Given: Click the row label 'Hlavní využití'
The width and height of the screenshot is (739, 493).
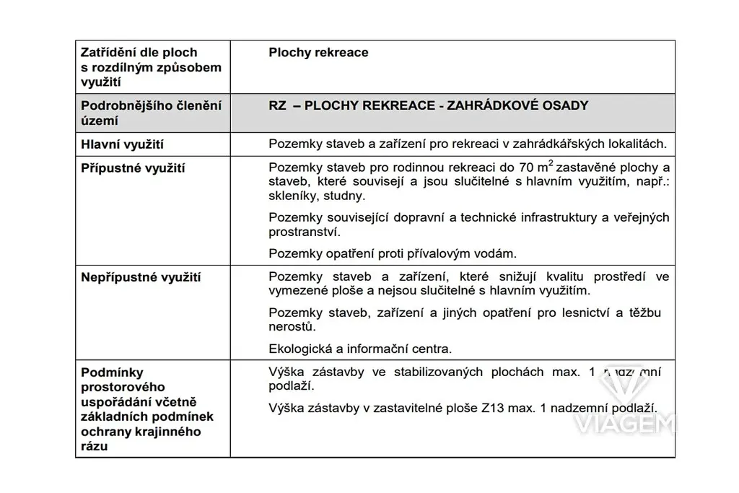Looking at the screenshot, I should tap(122, 144).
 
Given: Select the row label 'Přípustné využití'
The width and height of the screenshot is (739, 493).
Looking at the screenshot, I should tap(133, 168).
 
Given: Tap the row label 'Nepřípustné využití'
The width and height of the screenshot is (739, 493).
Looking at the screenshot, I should tap(141, 276).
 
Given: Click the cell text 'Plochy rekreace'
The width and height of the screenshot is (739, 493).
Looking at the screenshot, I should tap(318, 53).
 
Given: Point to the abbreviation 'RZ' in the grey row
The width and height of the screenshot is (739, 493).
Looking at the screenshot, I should tap(276, 106).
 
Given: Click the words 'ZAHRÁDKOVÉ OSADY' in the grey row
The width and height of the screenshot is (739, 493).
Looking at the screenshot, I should tap(518, 106).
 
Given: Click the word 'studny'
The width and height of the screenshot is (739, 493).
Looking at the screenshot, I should tap(346, 196).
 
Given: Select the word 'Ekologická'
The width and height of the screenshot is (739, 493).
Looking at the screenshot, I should tap(299, 349).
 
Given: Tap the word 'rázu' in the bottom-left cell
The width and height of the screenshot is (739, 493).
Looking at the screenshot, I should tap(95, 447).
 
